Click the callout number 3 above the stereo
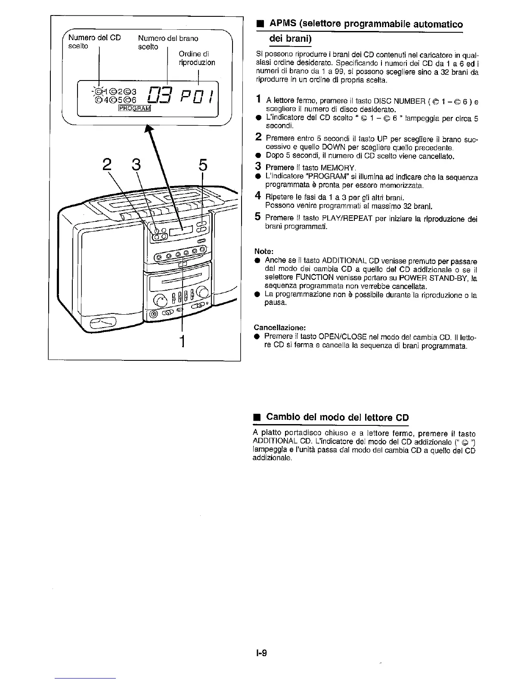tap(136, 165)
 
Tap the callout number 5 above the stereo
tap(203, 165)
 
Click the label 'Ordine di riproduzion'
tap(196, 58)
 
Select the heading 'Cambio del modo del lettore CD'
tap(337, 417)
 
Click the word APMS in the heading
tap(282, 24)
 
